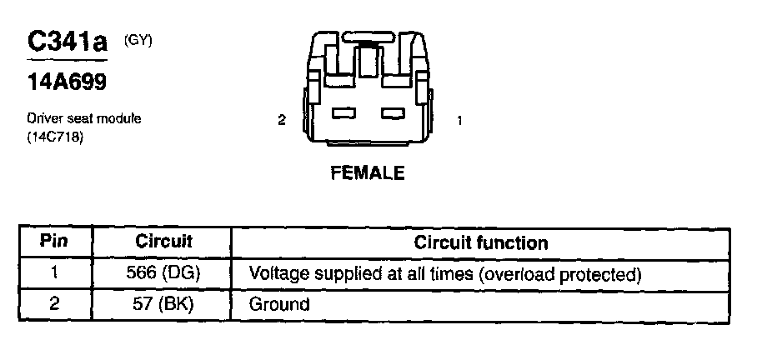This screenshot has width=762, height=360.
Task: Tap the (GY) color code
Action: coord(138,39)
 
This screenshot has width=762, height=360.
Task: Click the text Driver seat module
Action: coord(84,118)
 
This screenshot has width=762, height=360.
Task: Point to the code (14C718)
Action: coord(56,136)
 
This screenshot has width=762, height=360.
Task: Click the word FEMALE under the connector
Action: coord(368,173)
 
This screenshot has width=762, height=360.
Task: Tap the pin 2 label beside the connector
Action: coord(282,120)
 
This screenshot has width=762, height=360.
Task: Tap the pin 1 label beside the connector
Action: coord(459,120)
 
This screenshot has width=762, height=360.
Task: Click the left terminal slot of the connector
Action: coord(344,112)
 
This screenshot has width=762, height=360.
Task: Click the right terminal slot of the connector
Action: coord(392,112)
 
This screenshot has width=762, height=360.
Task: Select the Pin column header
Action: coord(53,242)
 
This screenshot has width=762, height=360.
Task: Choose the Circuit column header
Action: coord(163,242)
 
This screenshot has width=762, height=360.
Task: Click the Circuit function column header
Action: coord(481,243)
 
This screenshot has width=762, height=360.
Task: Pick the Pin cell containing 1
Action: coord(53,273)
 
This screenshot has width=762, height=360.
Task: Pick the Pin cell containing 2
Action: coord(53,304)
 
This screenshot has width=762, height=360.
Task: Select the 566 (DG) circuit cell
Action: coord(164,273)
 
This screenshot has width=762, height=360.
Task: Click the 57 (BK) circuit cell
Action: coord(164,304)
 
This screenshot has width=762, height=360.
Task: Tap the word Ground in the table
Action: coord(279,304)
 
